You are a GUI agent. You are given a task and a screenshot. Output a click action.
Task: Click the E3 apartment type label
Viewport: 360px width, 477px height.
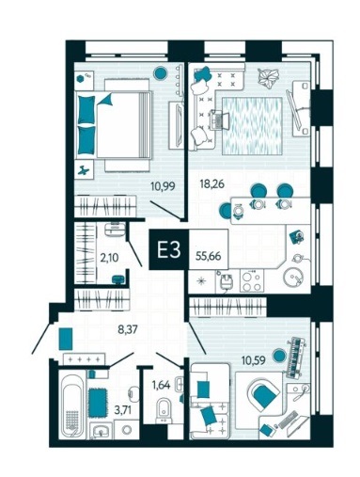(169, 250)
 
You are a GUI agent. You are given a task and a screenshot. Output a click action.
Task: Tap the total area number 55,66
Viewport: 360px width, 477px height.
(209, 256)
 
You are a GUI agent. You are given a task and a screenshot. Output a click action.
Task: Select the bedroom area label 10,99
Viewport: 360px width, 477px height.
(163, 186)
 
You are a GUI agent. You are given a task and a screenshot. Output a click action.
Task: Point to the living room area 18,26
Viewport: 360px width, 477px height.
(212, 183)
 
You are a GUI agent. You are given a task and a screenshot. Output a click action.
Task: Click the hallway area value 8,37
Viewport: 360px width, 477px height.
(128, 329)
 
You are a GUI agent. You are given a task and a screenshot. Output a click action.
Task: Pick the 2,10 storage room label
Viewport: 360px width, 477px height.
(109, 258)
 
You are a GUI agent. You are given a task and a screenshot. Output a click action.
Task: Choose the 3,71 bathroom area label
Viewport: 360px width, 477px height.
(123, 409)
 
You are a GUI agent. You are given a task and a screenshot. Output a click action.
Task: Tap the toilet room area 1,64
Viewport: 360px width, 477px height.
(161, 385)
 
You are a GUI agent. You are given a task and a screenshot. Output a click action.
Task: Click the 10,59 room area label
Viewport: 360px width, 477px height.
(254, 360)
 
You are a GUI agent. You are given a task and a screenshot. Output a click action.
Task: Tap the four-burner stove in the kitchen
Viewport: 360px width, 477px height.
(252, 281)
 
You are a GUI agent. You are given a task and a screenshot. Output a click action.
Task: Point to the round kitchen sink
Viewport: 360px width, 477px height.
(293, 278)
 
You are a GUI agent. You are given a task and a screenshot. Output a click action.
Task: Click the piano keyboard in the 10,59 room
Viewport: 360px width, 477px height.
(295, 358)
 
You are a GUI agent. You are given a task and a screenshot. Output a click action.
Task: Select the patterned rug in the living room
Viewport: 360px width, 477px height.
(252, 126)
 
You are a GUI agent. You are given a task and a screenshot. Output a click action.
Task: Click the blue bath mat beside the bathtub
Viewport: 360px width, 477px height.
(97, 403)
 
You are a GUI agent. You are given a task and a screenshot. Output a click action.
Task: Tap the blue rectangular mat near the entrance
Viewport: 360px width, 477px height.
(66, 339)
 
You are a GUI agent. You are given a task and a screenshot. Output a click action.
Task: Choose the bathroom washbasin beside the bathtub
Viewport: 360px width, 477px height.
(101, 431)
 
